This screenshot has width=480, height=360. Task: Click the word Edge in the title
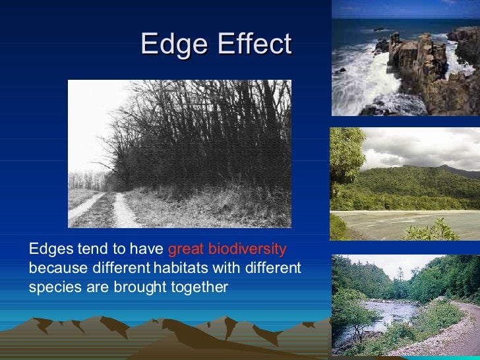pos(171,44)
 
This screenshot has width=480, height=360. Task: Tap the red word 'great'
pos(185,249)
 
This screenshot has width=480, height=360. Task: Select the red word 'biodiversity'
pos(247,249)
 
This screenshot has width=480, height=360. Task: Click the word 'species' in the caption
pos(48,287)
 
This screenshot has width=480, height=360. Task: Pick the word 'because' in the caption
pos(53,268)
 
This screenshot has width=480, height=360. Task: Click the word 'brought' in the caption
pos(149,287)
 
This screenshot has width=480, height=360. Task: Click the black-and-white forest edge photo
pos(179,154)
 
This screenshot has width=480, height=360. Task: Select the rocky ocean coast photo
pos(405,58)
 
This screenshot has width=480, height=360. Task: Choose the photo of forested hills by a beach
pos(405,184)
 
